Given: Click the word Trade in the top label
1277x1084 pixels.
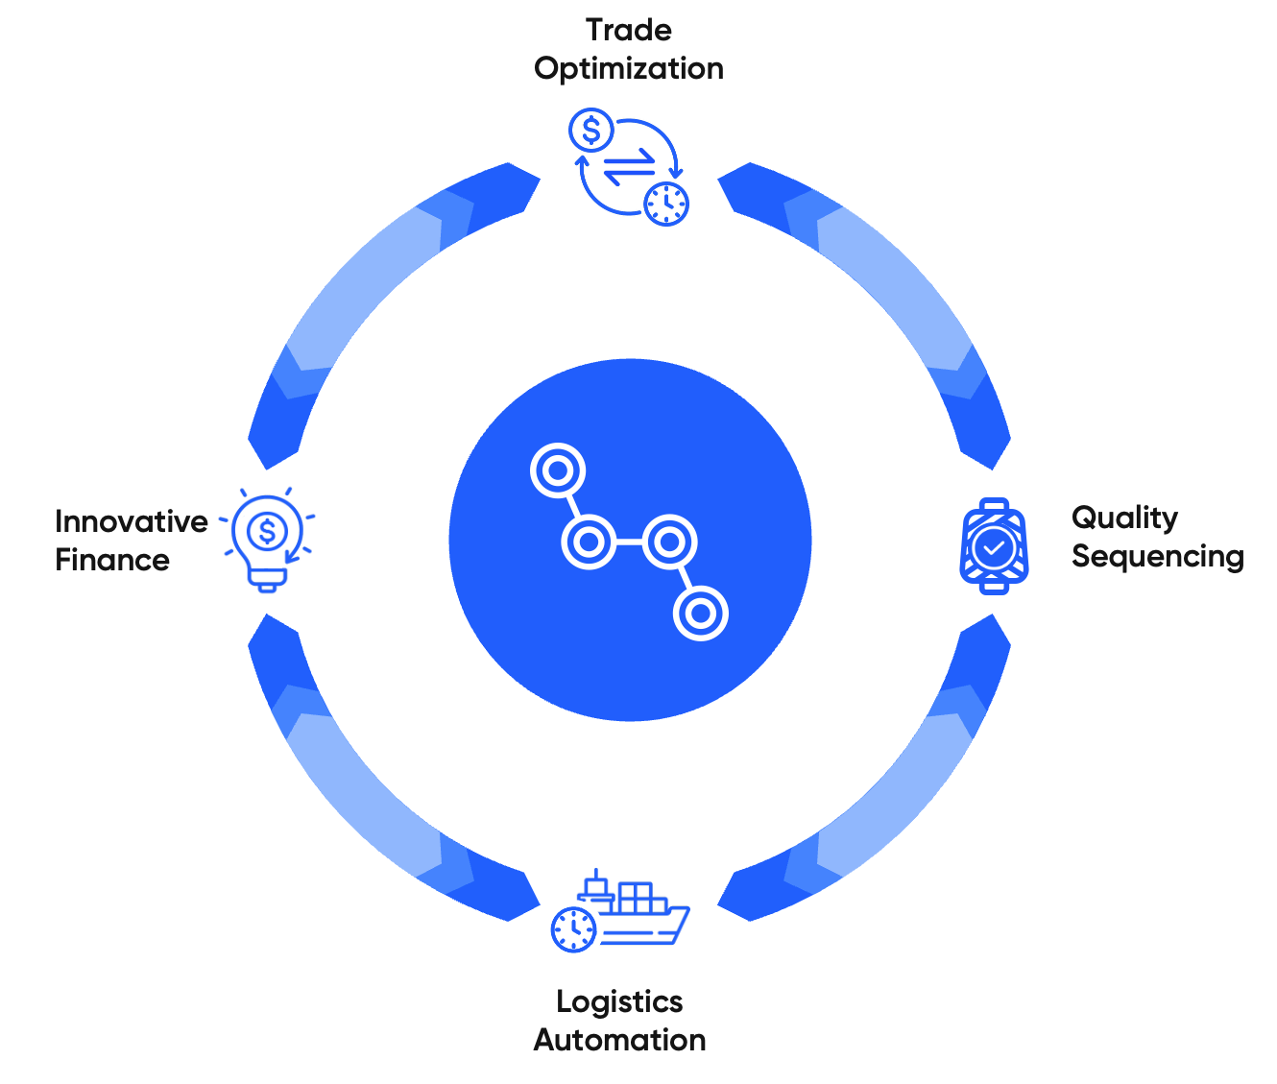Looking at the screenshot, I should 629,31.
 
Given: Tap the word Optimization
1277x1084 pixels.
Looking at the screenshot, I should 629,69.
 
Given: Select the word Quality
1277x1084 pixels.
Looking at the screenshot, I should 1124,518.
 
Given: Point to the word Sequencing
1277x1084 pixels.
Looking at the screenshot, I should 1157,557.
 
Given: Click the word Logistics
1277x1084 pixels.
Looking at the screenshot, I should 619,1001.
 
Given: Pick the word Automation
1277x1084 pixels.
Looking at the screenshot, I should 619,1040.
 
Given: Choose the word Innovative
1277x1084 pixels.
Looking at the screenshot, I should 132,521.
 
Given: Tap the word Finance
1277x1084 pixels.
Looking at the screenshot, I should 112,560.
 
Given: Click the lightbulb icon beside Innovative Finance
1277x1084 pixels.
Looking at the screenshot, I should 268,539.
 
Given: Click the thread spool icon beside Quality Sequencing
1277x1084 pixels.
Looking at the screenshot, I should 994,546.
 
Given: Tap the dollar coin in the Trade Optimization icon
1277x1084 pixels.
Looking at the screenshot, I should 591,131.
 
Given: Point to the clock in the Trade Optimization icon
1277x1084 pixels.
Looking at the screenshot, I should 666,203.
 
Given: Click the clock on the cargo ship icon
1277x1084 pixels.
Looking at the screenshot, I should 574,928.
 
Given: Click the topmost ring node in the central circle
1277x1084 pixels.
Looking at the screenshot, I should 557,470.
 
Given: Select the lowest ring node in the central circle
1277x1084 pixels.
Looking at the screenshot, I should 701,614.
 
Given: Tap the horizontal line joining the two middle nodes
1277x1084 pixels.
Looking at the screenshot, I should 629,542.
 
